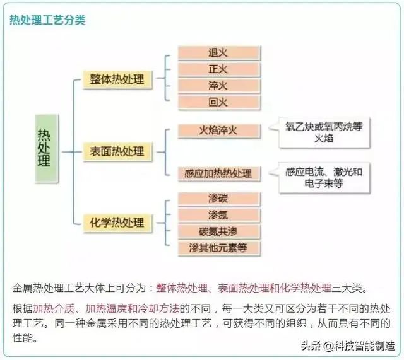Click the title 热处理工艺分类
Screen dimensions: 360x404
[x=47, y=20]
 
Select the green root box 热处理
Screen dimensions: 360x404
[x=44, y=147]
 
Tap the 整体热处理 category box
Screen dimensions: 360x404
[x=117, y=79]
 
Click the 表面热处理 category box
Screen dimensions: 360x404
[x=117, y=151]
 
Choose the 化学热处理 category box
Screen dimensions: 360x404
[x=117, y=223]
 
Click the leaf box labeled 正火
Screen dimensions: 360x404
[x=218, y=69]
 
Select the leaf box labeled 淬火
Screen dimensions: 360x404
[x=218, y=86]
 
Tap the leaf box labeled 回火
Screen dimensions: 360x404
[x=218, y=102]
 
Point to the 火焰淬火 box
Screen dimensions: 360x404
[x=218, y=131]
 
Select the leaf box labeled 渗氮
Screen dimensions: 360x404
[x=218, y=215]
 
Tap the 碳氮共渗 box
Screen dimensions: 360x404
[x=218, y=231]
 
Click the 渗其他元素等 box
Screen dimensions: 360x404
[x=218, y=248]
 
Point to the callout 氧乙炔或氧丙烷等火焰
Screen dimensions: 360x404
[x=324, y=132]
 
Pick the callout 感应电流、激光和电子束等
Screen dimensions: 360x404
[x=324, y=177]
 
